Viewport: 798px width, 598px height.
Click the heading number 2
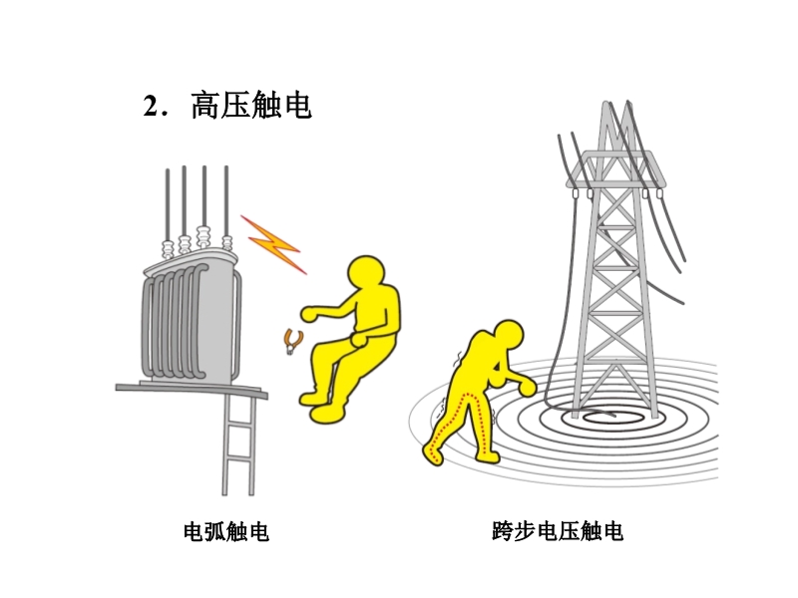(x=152, y=107)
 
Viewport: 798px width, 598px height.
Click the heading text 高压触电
(x=251, y=106)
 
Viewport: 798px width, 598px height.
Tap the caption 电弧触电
(x=226, y=532)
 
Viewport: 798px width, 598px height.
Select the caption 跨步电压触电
(x=558, y=531)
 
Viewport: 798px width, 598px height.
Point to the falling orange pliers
(x=292, y=341)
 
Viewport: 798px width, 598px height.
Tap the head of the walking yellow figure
(x=509, y=336)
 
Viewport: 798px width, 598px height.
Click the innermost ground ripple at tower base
(x=605, y=419)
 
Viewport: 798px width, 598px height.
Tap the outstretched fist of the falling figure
(x=310, y=314)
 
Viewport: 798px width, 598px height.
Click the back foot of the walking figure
(x=433, y=454)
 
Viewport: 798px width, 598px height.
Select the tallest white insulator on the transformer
(x=203, y=236)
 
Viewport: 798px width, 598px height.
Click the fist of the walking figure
(x=528, y=387)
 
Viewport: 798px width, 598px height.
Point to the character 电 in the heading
(x=297, y=106)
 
